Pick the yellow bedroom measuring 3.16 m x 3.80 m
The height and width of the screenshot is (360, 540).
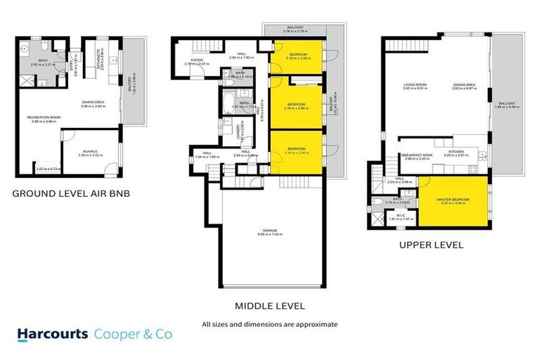(x=296, y=106)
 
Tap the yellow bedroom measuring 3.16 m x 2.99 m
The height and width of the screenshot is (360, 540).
(x=296, y=150)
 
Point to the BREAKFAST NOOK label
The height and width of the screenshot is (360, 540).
(x=415, y=155)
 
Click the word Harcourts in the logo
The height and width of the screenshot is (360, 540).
(x=53, y=335)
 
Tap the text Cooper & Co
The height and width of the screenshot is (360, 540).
(x=133, y=335)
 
